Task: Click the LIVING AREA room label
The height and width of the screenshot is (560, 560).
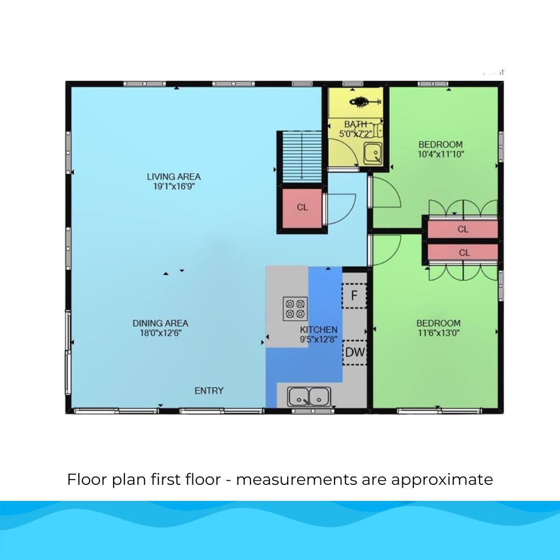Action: coord(173,177)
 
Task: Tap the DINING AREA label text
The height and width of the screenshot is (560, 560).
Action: coord(160,323)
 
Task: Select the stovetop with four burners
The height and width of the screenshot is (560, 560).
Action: coord(295,309)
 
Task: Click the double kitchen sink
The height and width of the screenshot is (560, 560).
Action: coord(310,397)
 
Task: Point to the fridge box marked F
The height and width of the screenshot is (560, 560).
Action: coord(354,296)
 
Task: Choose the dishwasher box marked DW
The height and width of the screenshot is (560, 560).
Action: coord(355,353)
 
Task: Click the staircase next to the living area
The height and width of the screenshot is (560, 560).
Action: coord(302,157)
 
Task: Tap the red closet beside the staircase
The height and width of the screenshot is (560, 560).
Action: coord(302,207)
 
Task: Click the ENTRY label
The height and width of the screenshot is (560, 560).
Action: coord(209,390)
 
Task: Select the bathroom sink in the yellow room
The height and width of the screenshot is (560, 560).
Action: coord(372,153)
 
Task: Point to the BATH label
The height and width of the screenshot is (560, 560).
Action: coord(356,124)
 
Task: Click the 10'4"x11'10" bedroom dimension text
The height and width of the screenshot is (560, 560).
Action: coord(441,154)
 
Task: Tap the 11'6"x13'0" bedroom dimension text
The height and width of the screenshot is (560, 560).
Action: coord(439,333)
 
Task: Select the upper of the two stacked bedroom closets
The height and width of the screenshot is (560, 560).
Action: coord(463,229)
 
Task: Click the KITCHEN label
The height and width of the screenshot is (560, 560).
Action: coord(318,330)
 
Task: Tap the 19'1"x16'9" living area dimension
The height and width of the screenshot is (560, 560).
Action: coord(173,186)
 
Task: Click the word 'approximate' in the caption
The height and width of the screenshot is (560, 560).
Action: coord(442,480)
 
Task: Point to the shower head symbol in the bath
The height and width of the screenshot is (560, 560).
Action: coord(359,102)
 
